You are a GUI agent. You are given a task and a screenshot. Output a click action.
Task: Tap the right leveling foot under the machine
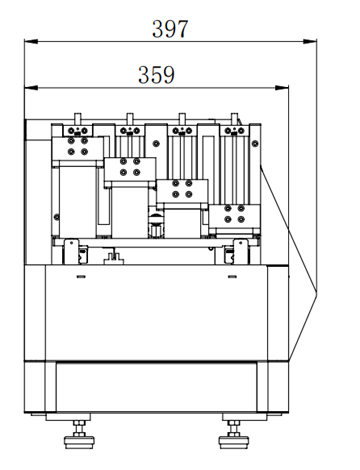click(x=233, y=433)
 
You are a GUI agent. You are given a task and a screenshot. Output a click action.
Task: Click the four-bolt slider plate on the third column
click(x=181, y=190)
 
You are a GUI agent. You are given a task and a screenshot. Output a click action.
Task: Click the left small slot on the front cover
click(x=78, y=271)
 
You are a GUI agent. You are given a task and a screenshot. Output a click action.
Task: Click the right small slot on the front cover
click(x=233, y=271)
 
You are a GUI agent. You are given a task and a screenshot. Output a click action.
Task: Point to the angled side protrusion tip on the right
click(x=317, y=293)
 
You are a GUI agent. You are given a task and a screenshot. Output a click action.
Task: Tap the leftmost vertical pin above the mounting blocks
click(x=77, y=117)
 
